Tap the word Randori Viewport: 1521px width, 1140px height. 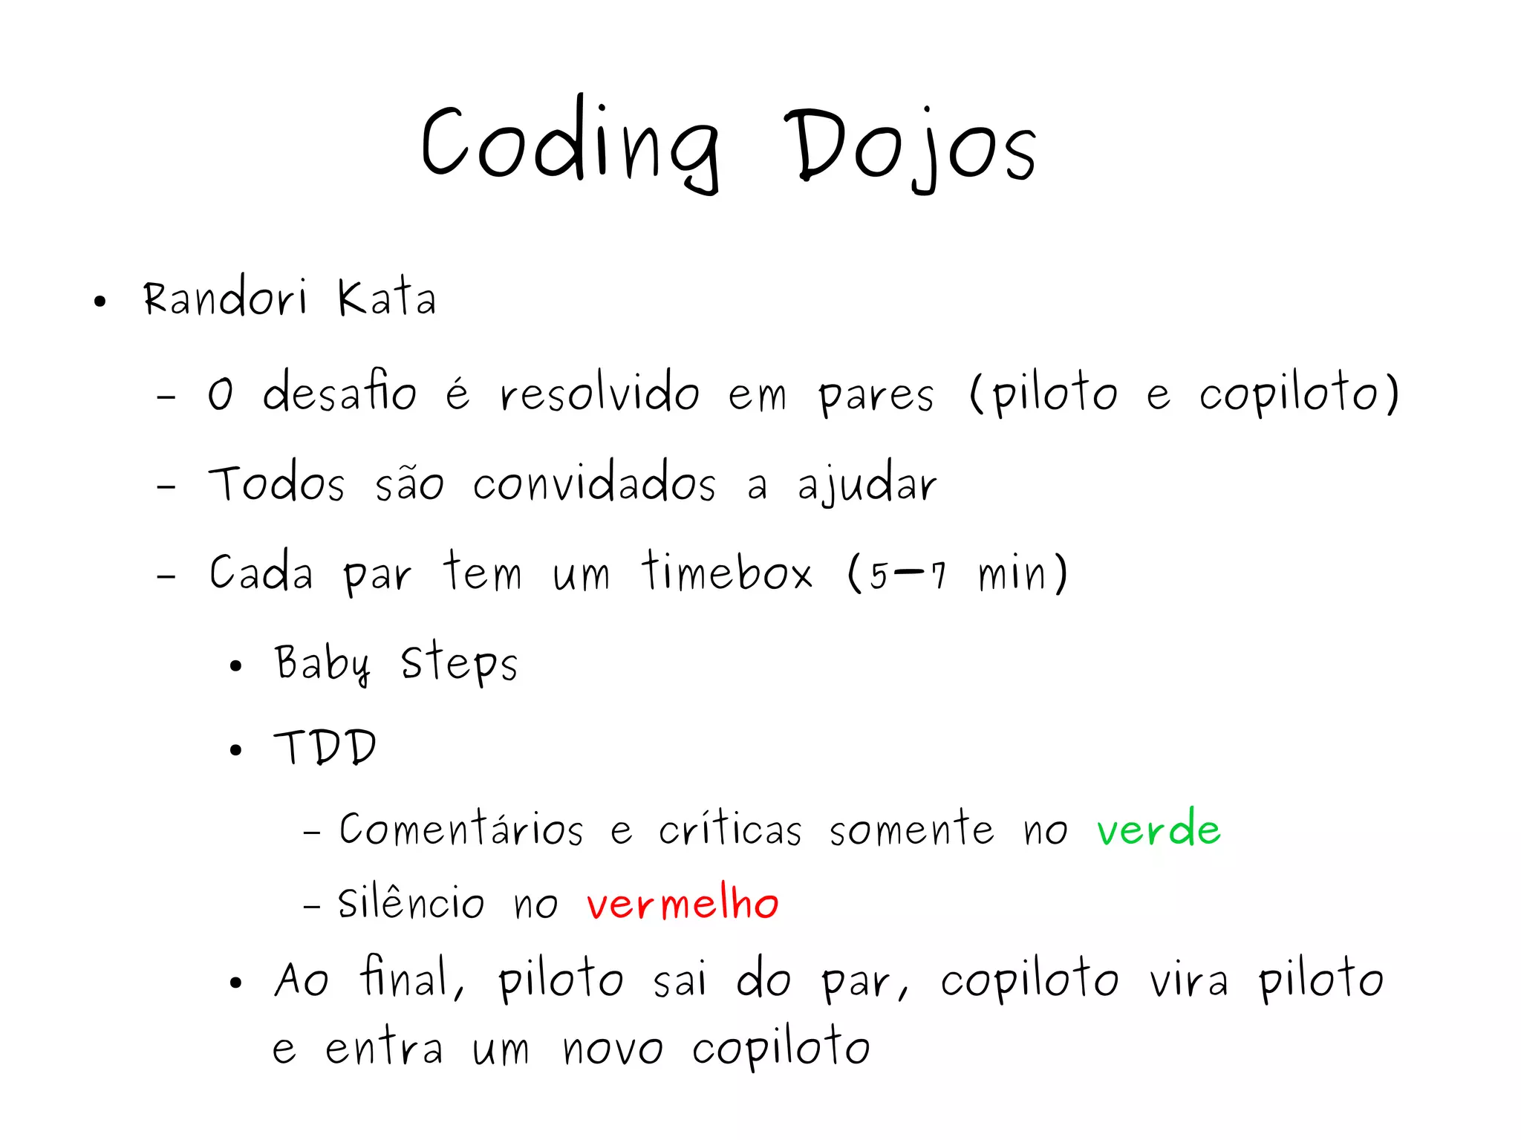click(224, 299)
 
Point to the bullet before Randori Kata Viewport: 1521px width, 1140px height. click(100, 302)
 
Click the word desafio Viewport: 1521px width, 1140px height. click(339, 391)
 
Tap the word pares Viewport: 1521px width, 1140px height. click(876, 395)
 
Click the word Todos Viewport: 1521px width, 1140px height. click(276, 483)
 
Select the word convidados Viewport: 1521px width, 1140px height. click(594, 483)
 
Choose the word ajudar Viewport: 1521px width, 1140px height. click(867, 485)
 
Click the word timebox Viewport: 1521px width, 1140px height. click(727, 573)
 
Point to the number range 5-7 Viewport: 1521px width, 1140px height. click(908, 574)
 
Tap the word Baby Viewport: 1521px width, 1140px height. click(322, 663)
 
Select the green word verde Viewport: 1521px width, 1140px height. click(1159, 828)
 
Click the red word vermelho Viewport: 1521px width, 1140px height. click(683, 903)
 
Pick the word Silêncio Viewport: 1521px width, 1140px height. click(411, 903)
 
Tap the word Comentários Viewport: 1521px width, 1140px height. click(461, 828)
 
